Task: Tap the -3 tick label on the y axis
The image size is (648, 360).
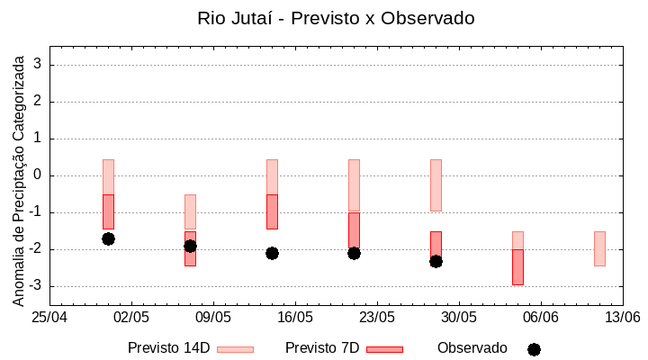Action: pyautogui.click(x=36, y=286)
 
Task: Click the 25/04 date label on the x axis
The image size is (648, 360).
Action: pyautogui.click(x=49, y=318)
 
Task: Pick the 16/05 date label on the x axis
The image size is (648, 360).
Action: pyautogui.click(x=295, y=318)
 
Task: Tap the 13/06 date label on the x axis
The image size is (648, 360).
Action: pyautogui.click(x=622, y=318)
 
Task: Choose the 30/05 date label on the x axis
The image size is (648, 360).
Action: pyautogui.click(x=459, y=318)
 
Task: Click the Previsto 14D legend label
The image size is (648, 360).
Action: pyautogui.click(x=169, y=348)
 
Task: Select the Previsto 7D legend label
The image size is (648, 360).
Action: pyautogui.click(x=322, y=348)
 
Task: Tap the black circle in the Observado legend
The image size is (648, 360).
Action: pyautogui.click(x=534, y=349)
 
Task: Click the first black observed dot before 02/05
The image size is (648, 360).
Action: pyautogui.click(x=108, y=238)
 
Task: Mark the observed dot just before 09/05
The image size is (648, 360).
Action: pyautogui.click(x=190, y=246)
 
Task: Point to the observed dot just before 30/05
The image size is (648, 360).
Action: pyautogui.click(x=436, y=261)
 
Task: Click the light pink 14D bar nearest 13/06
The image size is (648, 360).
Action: pyautogui.click(x=599, y=248)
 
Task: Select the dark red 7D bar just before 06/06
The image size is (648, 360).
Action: pyautogui.click(x=517, y=267)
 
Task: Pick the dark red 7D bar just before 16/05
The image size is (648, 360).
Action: pyautogui.click(x=272, y=211)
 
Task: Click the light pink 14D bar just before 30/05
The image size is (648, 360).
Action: pyautogui.click(x=436, y=184)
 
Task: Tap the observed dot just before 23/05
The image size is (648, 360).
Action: pyautogui.click(x=354, y=253)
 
